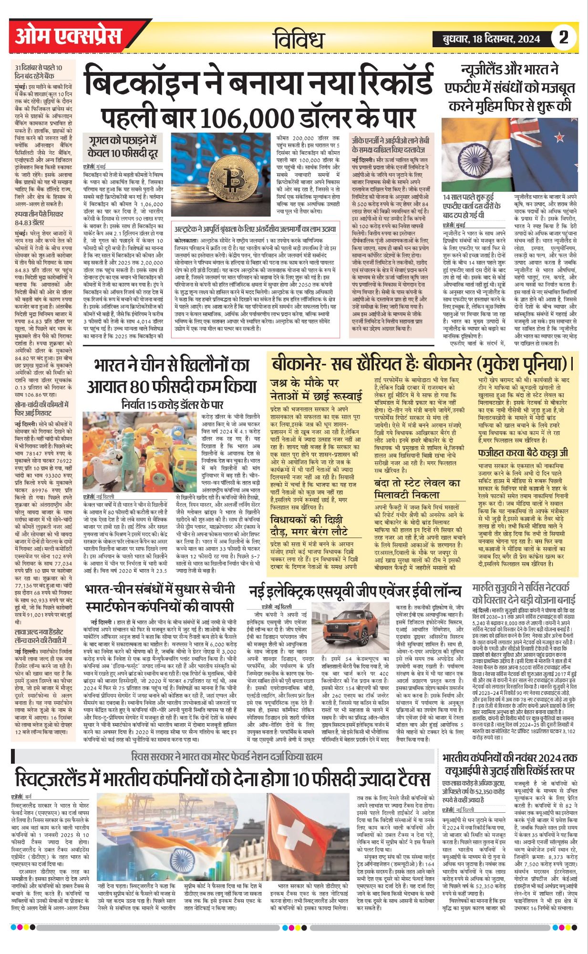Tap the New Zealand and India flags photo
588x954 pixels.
point(509,155)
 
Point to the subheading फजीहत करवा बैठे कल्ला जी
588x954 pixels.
point(523,452)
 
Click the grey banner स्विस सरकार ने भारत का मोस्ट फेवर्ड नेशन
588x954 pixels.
point(227,757)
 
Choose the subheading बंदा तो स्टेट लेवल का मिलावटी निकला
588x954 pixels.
point(417,488)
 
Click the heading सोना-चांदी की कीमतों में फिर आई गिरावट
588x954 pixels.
point(41,408)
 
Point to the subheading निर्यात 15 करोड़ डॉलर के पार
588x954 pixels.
point(172,405)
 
